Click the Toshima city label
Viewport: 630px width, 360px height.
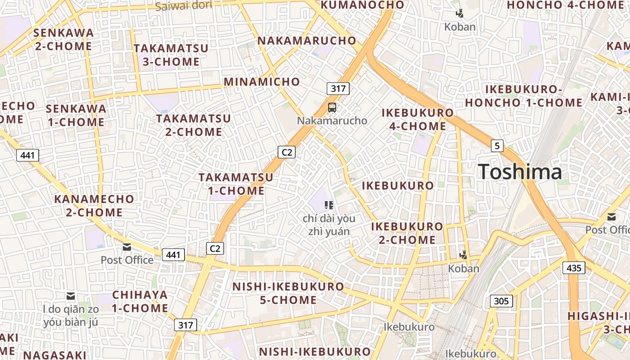520,172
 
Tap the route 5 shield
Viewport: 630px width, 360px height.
497,146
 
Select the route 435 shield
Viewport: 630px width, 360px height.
574,268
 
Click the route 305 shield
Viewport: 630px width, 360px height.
501,301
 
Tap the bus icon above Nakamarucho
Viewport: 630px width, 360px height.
332,108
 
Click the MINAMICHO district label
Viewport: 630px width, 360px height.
261,82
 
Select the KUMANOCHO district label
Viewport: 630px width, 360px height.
362,5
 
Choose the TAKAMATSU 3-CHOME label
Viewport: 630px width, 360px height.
171,55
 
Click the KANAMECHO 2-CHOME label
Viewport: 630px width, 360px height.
94,206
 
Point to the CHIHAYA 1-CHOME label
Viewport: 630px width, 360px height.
140,301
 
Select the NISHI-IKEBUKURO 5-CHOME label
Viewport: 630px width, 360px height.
288,293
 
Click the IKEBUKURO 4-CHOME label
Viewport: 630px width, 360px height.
418,119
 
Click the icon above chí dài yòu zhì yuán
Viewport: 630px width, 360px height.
329,205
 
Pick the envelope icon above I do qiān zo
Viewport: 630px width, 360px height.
71,296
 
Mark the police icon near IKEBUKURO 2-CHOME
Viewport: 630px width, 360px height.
463,255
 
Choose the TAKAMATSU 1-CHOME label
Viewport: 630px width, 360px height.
236,184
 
